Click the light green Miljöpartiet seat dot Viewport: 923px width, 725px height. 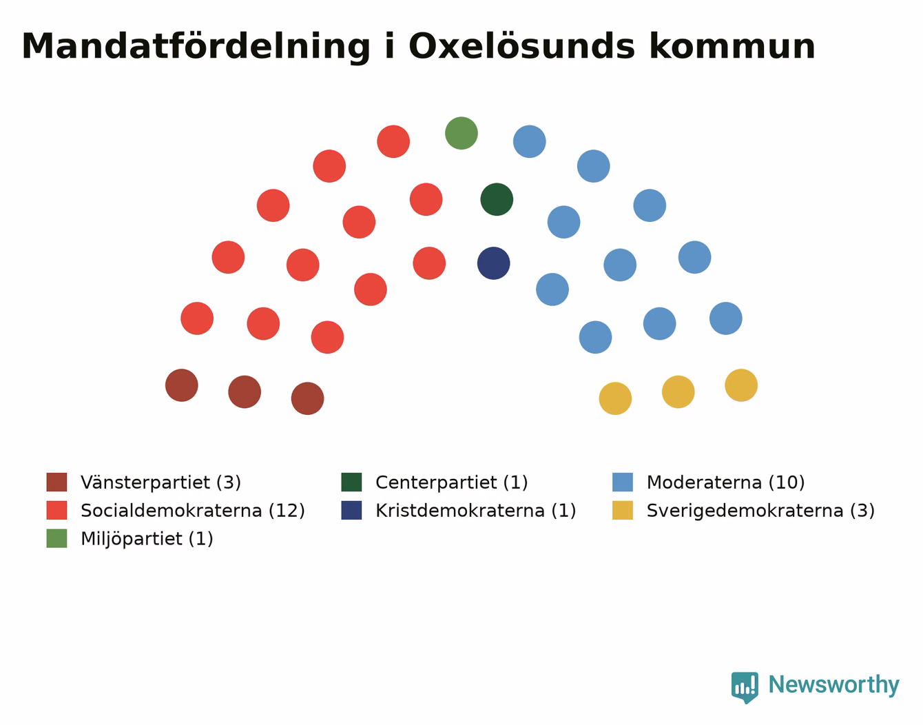click(461, 133)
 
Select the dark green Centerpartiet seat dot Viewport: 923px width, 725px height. click(497, 199)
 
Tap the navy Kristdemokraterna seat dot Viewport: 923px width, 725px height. click(494, 263)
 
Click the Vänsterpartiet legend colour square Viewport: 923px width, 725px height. click(56, 482)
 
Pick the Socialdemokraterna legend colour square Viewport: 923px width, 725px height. click(56, 510)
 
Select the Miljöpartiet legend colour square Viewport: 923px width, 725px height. click(56, 538)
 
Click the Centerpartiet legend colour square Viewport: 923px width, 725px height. click(351, 482)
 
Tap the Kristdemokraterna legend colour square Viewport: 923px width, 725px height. click(351, 510)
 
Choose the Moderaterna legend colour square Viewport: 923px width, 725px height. click(622, 482)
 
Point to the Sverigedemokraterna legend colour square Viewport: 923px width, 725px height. click(622, 510)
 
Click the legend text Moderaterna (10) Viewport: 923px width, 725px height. click(725, 482)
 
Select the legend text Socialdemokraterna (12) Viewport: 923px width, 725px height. click(193, 511)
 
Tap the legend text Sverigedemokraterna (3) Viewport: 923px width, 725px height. click(760, 511)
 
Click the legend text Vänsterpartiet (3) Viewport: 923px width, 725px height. click(161, 482)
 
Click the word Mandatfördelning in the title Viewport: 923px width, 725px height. click(196, 47)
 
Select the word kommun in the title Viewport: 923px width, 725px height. click(732, 46)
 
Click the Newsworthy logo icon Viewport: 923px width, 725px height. click(744, 687)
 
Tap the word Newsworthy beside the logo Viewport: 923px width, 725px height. click(834, 685)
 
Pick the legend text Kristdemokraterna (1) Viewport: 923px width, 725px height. click(476, 511)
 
